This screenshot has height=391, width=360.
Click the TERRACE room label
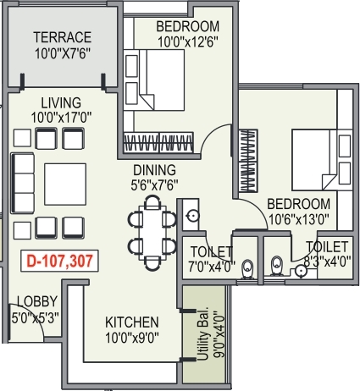tap(63, 37)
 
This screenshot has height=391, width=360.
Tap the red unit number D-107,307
tap(59, 261)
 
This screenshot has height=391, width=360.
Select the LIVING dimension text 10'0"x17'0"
tap(61, 118)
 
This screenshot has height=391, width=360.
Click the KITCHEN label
tap(132, 322)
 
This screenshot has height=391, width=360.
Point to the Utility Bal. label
tap(203, 333)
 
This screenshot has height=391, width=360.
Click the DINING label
tap(154, 170)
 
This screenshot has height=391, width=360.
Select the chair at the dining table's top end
tap(152, 202)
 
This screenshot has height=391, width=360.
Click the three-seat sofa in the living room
tap(23, 184)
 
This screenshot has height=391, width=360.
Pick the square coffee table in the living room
tap(65, 184)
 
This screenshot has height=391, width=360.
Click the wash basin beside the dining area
tap(193, 216)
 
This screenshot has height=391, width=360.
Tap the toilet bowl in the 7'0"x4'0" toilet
tap(248, 269)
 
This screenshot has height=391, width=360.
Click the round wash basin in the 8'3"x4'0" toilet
tap(301, 272)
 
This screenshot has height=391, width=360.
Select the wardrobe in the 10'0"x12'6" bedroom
tap(159, 142)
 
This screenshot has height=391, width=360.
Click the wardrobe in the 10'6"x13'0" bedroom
tap(248, 161)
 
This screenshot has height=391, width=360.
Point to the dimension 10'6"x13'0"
tap(298, 219)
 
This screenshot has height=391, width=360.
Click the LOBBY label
tap(37, 301)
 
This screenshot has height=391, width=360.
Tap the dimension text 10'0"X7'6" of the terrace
tap(63, 53)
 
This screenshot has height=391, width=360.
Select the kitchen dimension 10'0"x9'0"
tap(132, 338)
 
